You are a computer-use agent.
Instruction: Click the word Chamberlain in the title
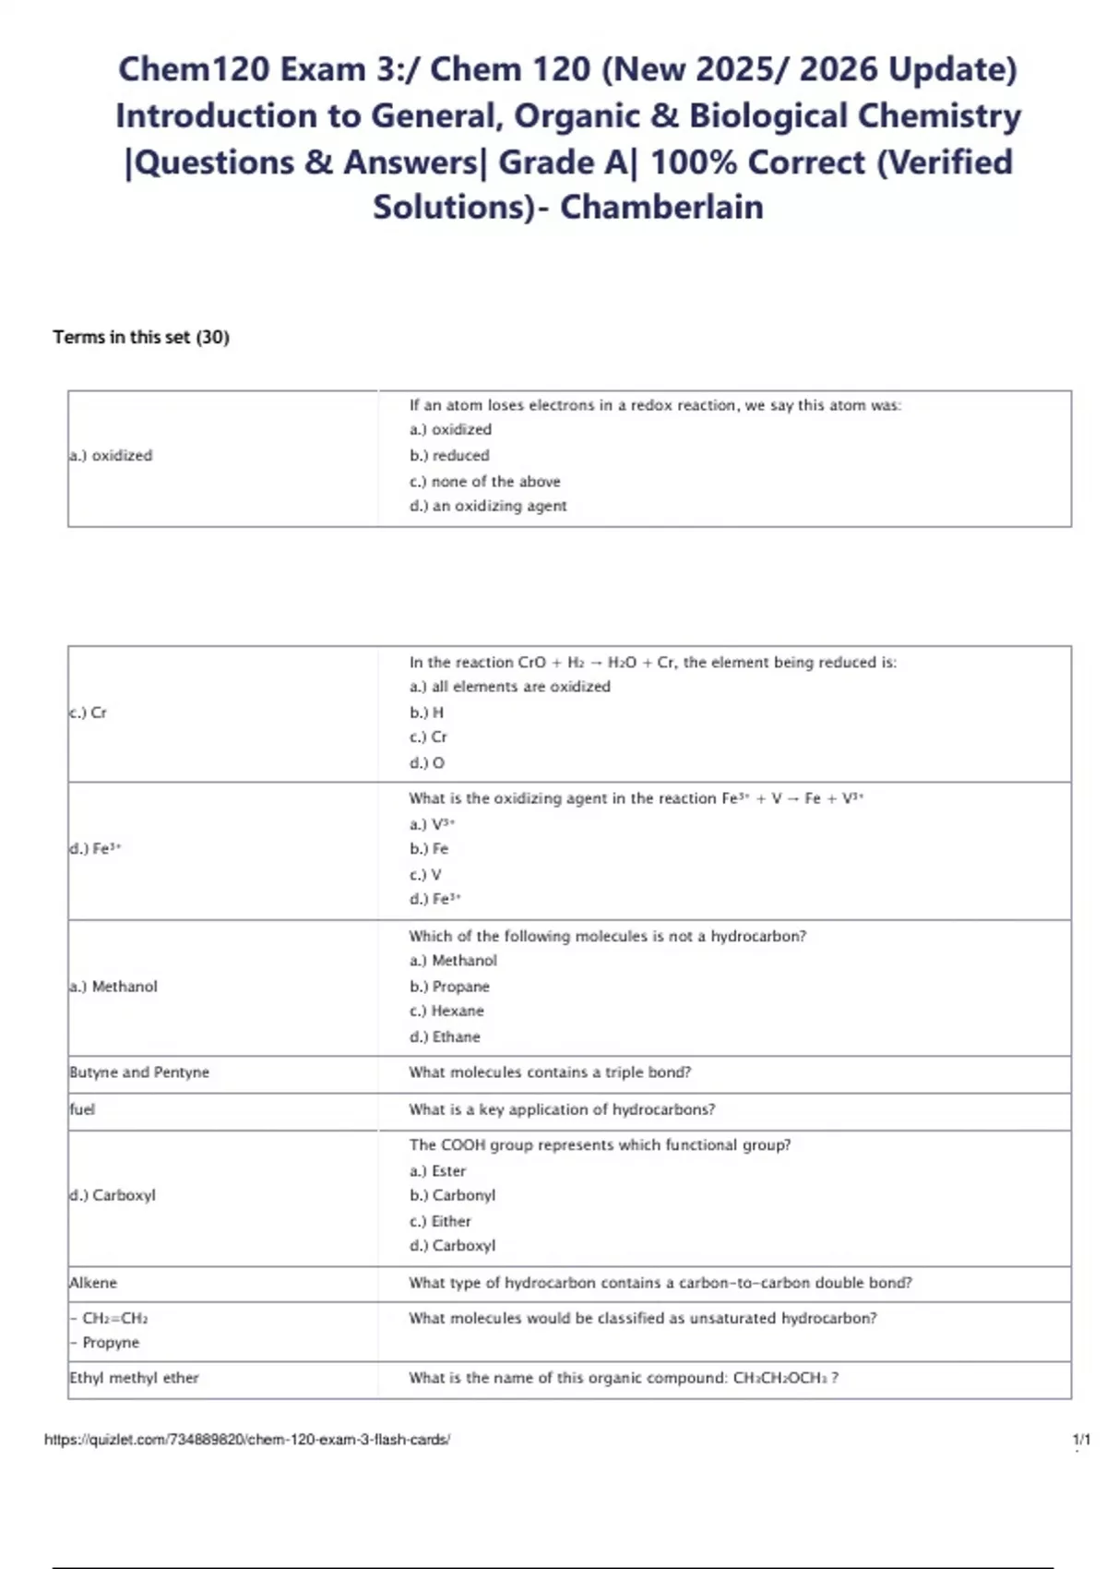(x=661, y=207)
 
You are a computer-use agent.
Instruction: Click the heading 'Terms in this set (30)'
(x=141, y=337)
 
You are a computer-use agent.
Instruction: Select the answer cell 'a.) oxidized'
(x=112, y=455)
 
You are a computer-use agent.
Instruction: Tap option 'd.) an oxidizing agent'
(x=488, y=506)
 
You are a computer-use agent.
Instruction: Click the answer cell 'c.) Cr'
(x=89, y=713)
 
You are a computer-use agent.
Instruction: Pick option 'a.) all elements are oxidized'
(x=510, y=687)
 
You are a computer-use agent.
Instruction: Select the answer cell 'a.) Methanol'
(x=114, y=987)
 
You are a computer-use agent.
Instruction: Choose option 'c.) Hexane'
(x=447, y=1012)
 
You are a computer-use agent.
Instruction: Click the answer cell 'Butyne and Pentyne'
(x=140, y=1072)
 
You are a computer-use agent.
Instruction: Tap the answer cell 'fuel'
(x=83, y=1109)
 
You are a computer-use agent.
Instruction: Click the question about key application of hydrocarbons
(x=562, y=1109)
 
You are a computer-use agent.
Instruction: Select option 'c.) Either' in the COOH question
(x=441, y=1221)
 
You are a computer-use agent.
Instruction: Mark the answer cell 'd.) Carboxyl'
(x=113, y=1195)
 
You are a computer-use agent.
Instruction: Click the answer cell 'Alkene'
(x=94, y=1283)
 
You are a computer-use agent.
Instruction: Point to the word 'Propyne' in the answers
(x=111, y=1343)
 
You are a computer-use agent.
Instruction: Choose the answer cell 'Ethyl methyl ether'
(x=135, y=1378)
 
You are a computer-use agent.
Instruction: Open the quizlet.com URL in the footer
(x=247, y=1440)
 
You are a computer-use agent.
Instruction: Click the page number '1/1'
(x=1081, y=1440)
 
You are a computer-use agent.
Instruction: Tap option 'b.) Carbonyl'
(x=453, y=1195)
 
